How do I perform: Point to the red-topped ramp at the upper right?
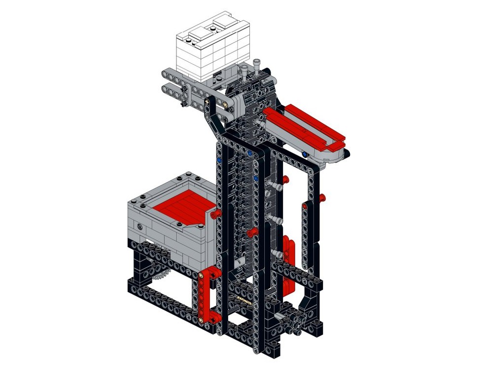[x=303, y=126]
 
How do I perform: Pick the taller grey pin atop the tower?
[x=257, y=66]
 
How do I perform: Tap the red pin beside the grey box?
[x=215, y=214]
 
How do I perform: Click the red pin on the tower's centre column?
[x=252, y=232]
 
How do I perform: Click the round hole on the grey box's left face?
[x=141, y=226]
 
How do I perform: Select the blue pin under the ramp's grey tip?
[x=305, y=155]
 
